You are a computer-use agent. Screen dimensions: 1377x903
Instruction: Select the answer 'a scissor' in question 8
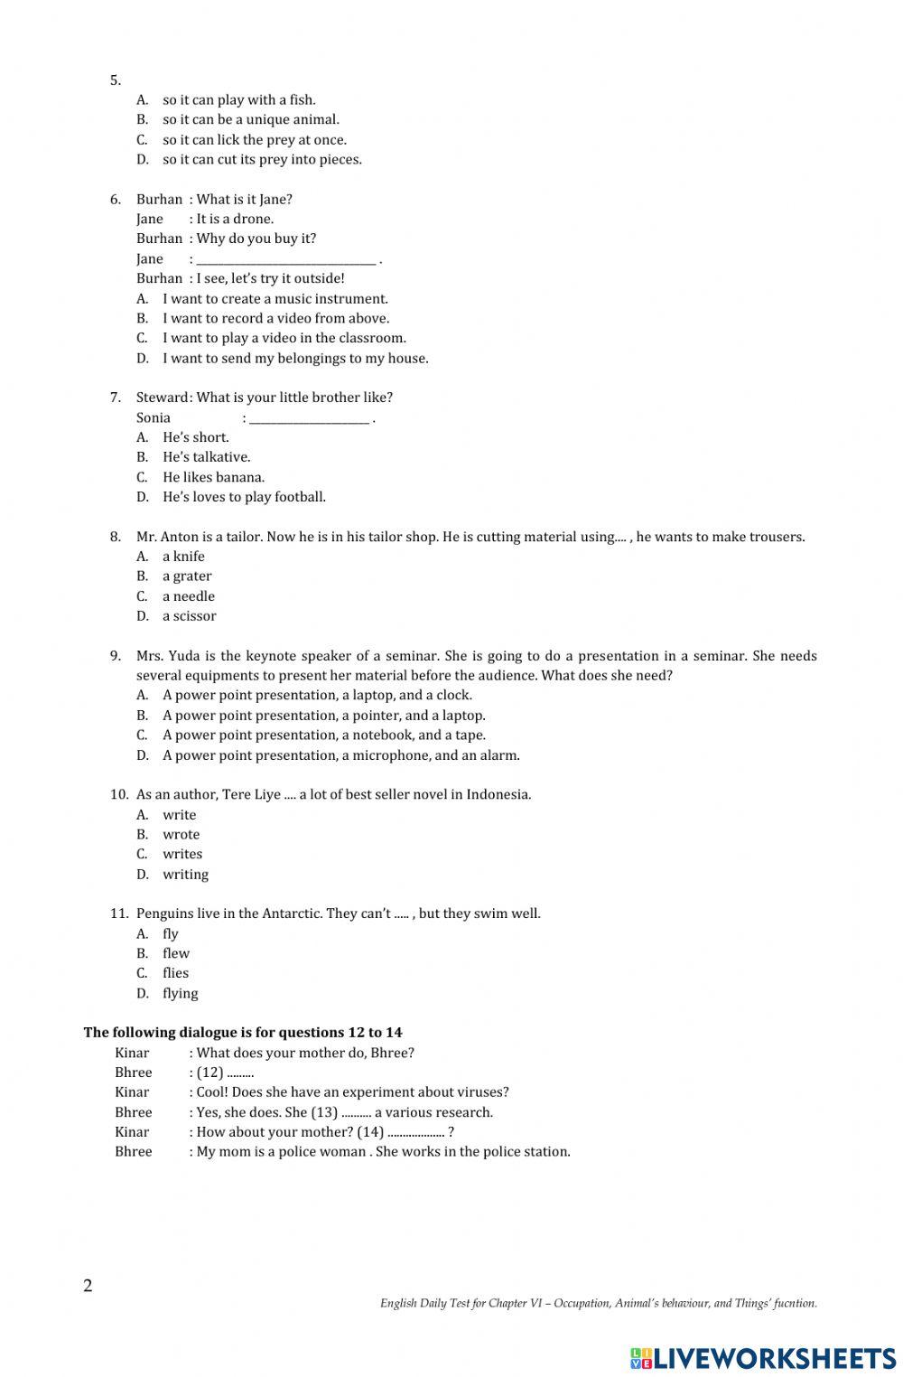189,616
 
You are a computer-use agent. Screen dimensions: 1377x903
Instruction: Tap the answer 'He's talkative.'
206,457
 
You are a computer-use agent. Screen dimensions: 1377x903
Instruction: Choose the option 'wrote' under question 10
181,835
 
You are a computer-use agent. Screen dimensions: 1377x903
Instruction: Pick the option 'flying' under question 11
180,994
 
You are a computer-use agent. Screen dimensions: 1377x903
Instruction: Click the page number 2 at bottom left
88,1287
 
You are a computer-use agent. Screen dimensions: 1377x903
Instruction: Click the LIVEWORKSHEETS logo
763,1357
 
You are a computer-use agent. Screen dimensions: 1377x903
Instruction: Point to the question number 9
116,656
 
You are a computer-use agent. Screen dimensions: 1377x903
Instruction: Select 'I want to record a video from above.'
275,318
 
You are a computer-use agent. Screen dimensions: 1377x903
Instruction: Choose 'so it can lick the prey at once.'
254,140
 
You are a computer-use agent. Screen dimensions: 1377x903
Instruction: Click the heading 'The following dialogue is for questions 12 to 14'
243,1033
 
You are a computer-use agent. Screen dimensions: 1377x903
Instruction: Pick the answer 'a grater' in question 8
187,576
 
